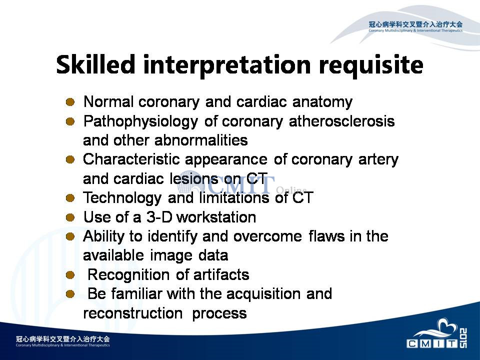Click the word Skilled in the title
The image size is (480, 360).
(95, 64)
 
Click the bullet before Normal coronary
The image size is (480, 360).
(70, 102)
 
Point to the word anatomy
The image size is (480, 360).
(322, 102)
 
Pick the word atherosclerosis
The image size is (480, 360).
(341, 121)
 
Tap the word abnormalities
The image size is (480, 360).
(201, 140)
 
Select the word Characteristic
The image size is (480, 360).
(131, 159)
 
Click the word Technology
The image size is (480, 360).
(122, 198)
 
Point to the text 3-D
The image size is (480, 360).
(159, 217)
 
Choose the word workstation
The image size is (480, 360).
(216, 217)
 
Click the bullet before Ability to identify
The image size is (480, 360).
(70, 236)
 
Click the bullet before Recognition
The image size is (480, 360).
(70, 275)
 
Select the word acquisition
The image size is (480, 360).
(263, 294)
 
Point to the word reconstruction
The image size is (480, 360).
(133, 313)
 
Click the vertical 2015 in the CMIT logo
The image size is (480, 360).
(463, 338)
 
